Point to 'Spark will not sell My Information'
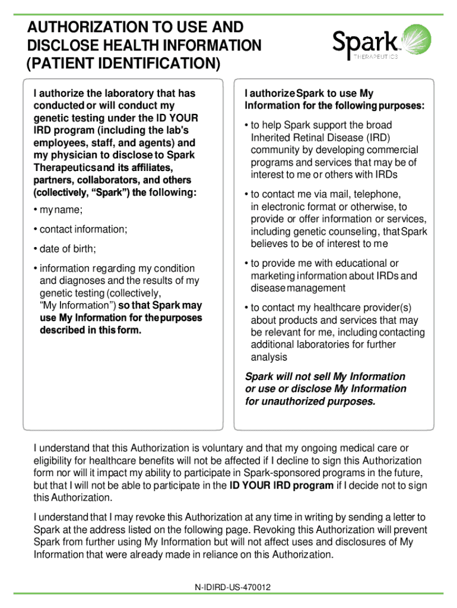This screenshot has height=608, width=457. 325,376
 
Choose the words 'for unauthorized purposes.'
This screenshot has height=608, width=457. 310,402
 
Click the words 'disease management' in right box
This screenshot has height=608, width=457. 297,289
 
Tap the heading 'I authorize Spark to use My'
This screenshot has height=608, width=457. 309,94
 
